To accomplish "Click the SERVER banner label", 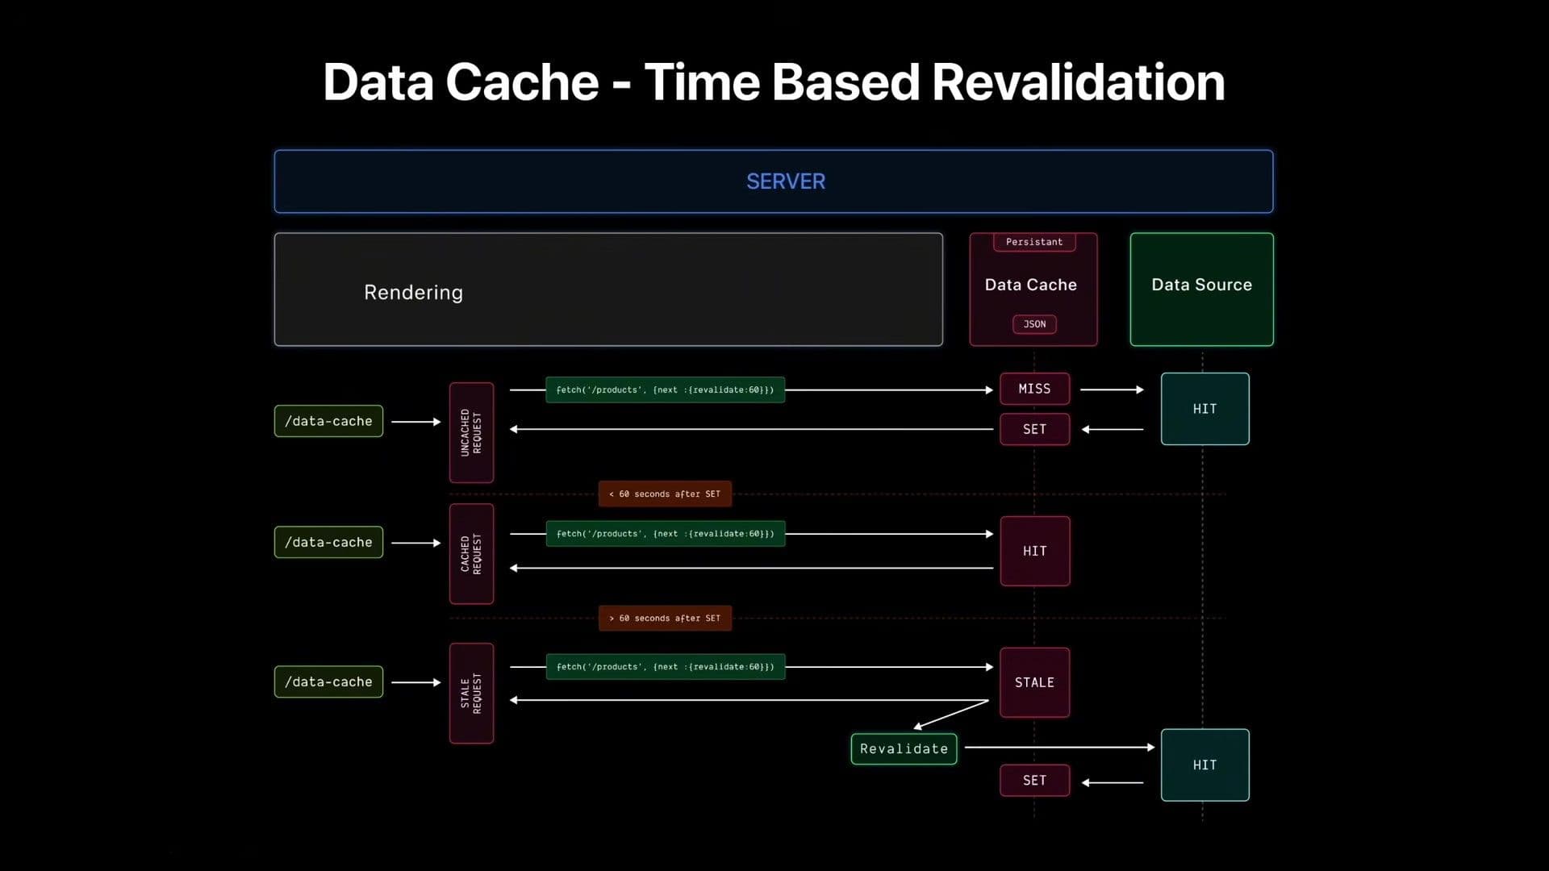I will coord(785,181).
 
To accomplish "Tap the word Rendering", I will coord(413,292).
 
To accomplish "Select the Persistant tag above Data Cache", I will coord(1033,242).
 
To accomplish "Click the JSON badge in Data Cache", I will coord(1033,324).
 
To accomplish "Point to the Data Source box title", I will coord(1200,285).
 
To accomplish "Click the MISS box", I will coord(1034,389).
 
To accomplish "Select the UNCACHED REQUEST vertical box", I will coord(471,432).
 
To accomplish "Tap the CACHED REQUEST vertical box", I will coord(471,554).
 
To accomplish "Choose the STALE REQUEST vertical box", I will coord(471,693).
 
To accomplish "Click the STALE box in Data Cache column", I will coord(1034,682).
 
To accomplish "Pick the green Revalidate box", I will coord(904,748).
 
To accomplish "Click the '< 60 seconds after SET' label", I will coord(665,494).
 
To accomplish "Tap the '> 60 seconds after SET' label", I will coord(665,618).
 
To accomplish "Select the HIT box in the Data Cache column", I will coord(1034,551).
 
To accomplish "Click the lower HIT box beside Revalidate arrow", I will coord(1205,765).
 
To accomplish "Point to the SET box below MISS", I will coord(1034,429).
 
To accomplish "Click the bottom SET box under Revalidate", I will coord(1034,780).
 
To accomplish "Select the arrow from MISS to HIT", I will coord(1112,390).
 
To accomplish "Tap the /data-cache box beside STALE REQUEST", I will coord(328,681).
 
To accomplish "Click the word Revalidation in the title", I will coord(1078,82).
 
